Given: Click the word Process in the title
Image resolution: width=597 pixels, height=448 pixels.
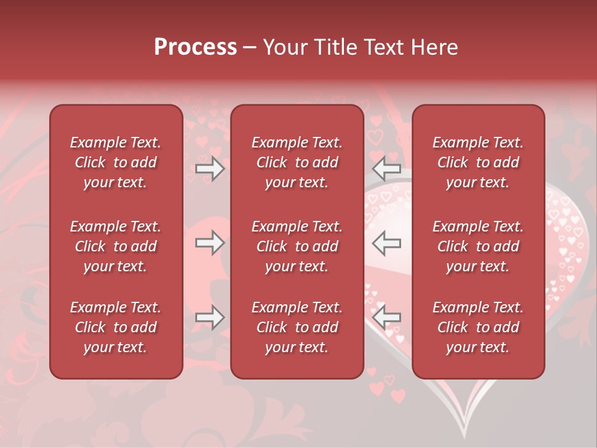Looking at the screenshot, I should [x=195, y=47].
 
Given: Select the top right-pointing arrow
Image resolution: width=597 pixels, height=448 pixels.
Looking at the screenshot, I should [x=210, y=168].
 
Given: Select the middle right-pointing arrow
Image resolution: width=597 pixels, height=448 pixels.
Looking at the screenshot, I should [x=210, y=243].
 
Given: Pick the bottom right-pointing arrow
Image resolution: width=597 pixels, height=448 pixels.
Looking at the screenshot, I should [x=210, y=317].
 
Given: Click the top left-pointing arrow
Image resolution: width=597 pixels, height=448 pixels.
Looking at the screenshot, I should [x=386, y=168].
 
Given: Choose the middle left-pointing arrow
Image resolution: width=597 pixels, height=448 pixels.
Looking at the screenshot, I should [x=386, y=243].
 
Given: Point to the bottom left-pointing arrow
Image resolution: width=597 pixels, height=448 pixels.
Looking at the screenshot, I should [x=386, y=315].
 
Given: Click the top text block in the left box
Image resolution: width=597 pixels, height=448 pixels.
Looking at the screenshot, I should [x=116, y=162].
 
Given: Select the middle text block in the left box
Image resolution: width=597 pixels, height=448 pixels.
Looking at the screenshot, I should [x=116, y=246].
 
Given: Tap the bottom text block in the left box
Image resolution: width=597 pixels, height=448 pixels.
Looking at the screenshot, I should [x=116, y=327].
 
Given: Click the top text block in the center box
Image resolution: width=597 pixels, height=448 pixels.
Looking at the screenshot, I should [x=297, y=162].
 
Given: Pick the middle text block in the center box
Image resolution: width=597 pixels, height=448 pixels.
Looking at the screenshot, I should [x=297, y=246].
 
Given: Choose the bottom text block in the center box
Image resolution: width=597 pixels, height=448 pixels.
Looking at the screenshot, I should [x=297, y=327].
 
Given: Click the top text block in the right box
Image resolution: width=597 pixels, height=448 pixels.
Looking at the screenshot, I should [x=478, y=162].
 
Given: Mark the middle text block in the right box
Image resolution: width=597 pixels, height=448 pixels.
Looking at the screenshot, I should [x=478, y=246].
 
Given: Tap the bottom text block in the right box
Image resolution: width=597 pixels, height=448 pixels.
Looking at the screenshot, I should [x=478, y=327].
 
